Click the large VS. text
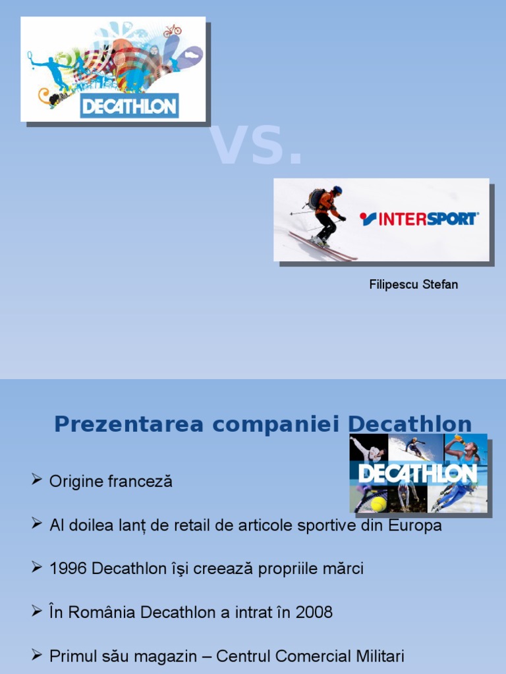click(256, 145)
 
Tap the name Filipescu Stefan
click(413, 285)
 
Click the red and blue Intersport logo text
click(420, 219)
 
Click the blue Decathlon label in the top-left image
click(129, 105)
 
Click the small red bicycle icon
click(173, 30)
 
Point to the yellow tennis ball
click(378, 504)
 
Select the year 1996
click(69, 569)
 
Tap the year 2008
click(314, 613)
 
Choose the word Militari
click(376, 656)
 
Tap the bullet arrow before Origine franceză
click(37, 480)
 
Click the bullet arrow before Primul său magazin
click(37, 655)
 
